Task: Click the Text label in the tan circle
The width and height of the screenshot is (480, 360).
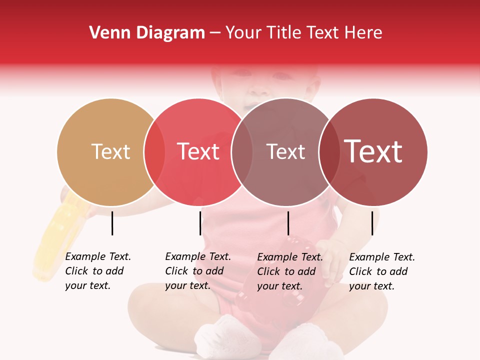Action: click(x=111, y=151)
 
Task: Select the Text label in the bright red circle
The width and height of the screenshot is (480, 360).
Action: click(x=198, y=151)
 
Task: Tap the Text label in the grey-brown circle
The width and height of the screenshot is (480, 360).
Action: click(x=286, y=152)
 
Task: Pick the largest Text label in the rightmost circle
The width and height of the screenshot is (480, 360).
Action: click(x=373, y=151)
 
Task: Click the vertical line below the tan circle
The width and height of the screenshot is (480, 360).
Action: click(x=112, y=223)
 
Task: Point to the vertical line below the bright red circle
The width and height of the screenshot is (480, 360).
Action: click(x=200, y=223)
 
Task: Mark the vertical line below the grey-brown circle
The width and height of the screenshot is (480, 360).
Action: click(x=288, y=223)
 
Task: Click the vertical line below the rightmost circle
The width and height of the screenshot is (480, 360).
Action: click(x=372, y=223)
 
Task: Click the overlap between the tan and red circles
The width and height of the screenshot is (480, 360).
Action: click(x=154, y=152)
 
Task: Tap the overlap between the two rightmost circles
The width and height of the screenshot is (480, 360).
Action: click(x=329, y=152)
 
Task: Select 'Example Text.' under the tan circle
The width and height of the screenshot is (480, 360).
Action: click(x=98, y=256)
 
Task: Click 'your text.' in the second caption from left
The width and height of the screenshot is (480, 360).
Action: click(x=187, y=285)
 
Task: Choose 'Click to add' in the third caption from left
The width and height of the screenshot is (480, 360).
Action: click(x=286, y=271)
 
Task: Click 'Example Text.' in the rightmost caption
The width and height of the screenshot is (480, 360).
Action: click(x=382, y=257)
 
